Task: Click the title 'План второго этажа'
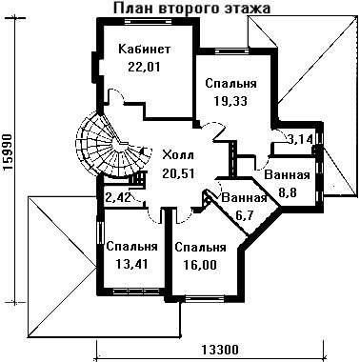[191, 8]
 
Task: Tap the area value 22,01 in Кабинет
[144, 67]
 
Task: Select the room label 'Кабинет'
[145, 50]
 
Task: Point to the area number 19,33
[230, 101]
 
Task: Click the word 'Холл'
[178, 155]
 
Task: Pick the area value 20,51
[178, 173]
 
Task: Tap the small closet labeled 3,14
[300, 139]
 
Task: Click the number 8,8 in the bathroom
[288, 192]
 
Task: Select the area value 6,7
[244, 216]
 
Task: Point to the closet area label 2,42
[118, 198]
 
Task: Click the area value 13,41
[131, 264]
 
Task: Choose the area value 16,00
[200, 264]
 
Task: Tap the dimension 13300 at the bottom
[219, 350]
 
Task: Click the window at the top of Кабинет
[149, 21]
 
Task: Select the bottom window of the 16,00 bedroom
[205, 298]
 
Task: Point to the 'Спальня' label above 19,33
[230, 84]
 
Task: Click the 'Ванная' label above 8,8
[287, 175]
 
